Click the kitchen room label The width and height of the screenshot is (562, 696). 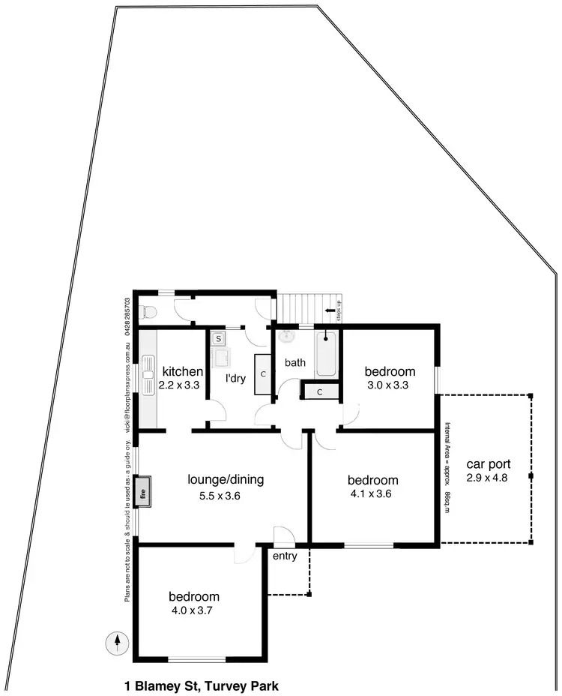click(183, 371)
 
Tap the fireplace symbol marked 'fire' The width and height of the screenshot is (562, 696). click(144, 493)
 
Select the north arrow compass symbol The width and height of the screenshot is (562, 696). click(117, 642)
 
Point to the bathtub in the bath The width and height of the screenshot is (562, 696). click(327, 353)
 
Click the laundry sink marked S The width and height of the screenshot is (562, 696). click(218, 339)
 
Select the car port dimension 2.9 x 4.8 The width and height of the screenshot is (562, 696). click(486, 477)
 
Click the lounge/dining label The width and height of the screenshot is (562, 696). click(226, 479)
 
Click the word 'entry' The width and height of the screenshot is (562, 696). click(285, 556)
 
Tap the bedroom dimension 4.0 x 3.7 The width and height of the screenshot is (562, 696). click(194, 610)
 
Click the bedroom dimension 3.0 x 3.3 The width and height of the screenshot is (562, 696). click(390, 385)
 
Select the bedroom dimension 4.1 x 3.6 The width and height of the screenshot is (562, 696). click(372, 493)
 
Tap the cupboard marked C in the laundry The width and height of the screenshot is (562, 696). click(263, 373)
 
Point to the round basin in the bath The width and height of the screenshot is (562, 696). click(285, 337)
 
